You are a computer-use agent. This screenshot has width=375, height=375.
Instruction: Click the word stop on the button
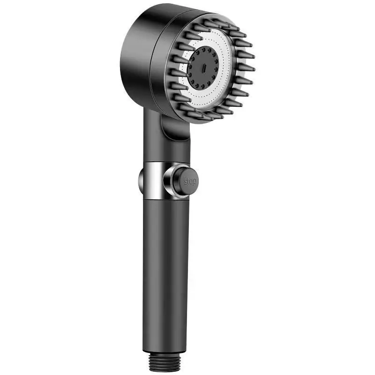click(x=190, y=181)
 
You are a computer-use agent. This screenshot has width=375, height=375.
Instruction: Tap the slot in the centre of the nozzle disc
click(x=204, y=68)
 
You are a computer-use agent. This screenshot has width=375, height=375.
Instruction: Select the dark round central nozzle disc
click(x=203, y=68)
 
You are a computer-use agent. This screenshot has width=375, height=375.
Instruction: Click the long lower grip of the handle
click(x=165, y=275)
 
